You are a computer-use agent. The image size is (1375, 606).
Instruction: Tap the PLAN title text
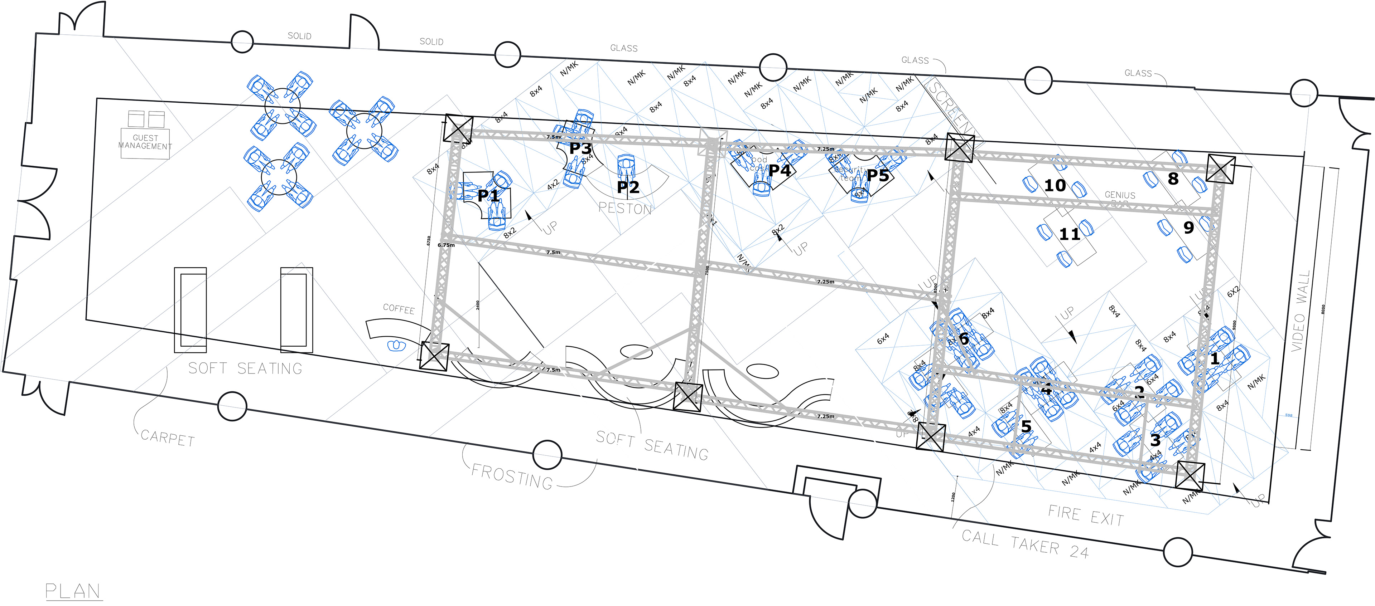click(73, 591)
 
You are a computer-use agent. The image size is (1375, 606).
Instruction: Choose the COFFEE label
click(399, 309)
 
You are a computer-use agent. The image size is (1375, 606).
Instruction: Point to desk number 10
click(1055, 186)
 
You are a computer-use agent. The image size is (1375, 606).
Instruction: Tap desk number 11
click(1069, 234)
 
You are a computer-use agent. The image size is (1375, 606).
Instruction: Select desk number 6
click(964, 338)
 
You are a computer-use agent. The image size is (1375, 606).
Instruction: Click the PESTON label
click(625, 208)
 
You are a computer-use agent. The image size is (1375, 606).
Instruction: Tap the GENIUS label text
click(1120, 195)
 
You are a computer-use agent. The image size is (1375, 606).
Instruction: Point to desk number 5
click(1026, 427)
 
